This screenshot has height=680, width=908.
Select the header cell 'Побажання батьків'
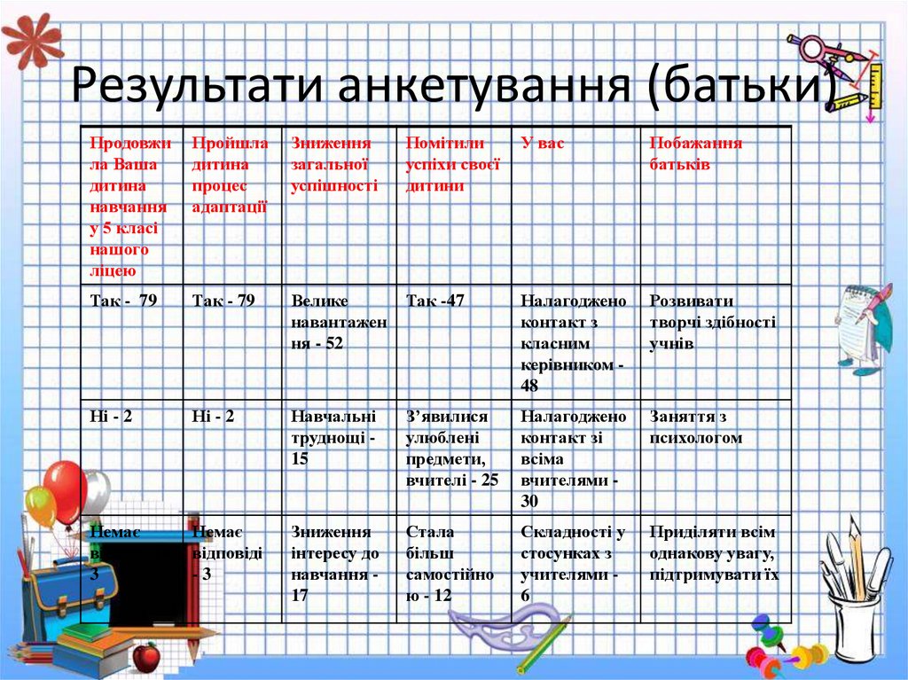pyautogui.click(x=695, y=154)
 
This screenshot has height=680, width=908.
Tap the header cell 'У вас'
pyautogui.click(x=542, y=143)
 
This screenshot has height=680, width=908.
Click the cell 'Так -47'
pyautogui.click(x=435, y=301)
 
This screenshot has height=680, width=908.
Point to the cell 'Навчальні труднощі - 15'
pyautogui.click(x=333, y=437)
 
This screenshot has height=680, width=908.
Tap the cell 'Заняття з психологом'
pyautogui.click(x=695, y=426)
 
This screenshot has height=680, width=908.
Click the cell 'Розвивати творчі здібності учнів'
pyautogui.click(x=712, y=322)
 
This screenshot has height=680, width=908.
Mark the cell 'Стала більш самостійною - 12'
pyautogui.click(x=450, y=564)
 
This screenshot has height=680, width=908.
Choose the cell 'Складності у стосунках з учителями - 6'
pyautogui.click(x=573, y=564)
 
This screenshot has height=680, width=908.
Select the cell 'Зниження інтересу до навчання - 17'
pyautogui.click(x=334, y=564)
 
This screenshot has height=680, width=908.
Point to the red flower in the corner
pyautogui.click(x=31, y=39)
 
